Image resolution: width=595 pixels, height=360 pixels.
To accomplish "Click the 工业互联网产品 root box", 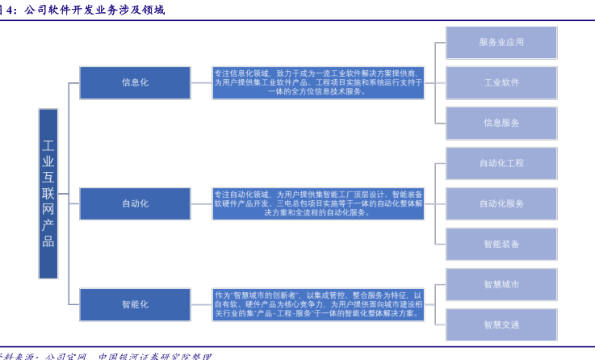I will click(x=48, y=194).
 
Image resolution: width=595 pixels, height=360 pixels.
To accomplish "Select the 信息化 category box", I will click(x=135, y=82).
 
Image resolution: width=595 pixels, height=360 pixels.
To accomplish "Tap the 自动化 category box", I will click(x=135, y=203).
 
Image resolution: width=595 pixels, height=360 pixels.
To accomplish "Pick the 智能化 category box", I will click(x=135, y=304).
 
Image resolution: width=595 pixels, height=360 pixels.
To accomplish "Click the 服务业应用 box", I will click(x=501, y=42).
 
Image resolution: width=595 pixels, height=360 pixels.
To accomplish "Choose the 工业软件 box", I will click(x=501, y=82).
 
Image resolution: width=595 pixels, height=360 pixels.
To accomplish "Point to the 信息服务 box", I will click(x=501, y=123).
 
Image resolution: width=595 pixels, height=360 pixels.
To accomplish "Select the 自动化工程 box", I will click(x=501, y=163).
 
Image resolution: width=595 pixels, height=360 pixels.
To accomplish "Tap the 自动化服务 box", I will click(x=501, y=203).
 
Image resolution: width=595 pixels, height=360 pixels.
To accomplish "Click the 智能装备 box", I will click(x=501, y=244).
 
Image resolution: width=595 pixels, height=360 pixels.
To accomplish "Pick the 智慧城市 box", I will click(x=501, y=284).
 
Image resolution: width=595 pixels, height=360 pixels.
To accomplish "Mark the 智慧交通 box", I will click(x=501, y=324).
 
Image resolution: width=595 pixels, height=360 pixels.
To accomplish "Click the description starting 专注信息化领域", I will click(x=318, y=82).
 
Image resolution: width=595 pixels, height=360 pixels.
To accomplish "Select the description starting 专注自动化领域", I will click(x=318, y=203).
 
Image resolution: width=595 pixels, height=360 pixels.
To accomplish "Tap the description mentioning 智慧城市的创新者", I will click(x=318, y=304).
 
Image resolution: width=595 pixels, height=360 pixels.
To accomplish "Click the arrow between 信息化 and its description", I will click(x=201, y=82).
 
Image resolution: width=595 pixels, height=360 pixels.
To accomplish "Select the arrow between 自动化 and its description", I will click(x=201, y=203).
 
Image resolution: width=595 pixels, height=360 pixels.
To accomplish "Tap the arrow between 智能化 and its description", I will click(x=201, y=304).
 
